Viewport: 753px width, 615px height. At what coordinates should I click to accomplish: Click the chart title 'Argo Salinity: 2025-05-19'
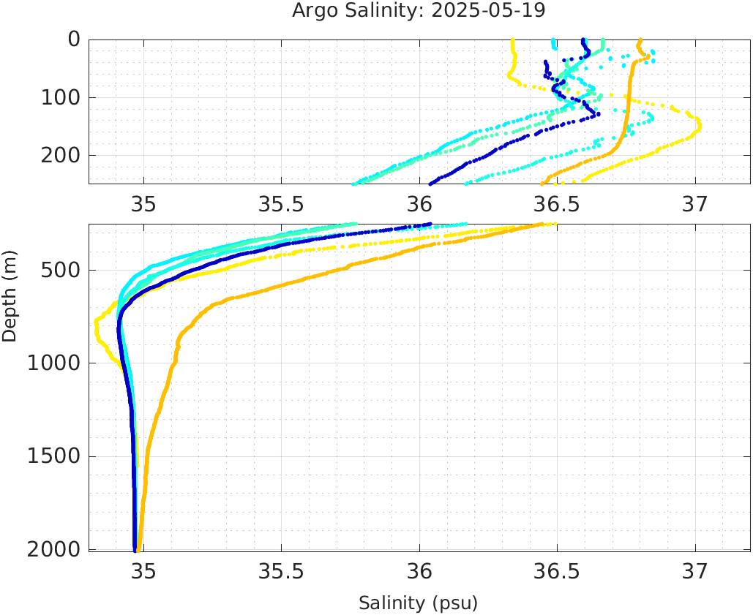point(419,11)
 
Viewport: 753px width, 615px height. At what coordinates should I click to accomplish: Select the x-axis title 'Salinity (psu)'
point(418,603)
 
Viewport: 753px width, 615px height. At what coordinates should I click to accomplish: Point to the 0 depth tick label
point(74,39)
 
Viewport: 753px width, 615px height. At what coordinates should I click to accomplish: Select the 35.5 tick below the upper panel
point(281,203)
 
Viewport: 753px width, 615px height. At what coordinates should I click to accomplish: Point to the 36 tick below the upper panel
point(419,203)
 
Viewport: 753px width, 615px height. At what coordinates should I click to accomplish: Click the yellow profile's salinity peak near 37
point(700,126)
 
